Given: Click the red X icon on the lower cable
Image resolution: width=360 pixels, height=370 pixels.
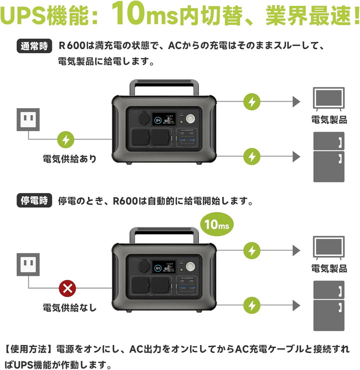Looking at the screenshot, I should [67, 288].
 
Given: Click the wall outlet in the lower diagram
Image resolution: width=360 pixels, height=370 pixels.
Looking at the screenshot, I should [28, 264].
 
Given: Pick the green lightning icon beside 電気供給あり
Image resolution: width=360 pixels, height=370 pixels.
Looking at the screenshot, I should [67, 139].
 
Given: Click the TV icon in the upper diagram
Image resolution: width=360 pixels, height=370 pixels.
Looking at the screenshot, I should [328, 98].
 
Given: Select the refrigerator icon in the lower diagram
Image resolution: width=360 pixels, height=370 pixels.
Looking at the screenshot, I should [328, 305].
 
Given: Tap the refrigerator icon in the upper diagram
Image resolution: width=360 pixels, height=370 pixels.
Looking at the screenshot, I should [328, 156].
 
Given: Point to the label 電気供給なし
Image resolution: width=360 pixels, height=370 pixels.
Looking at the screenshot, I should [69, 307].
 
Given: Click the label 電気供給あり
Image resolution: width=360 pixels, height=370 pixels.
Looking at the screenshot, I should [69, 159].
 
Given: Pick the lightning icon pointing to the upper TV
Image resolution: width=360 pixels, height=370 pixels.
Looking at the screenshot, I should [251, 102].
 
